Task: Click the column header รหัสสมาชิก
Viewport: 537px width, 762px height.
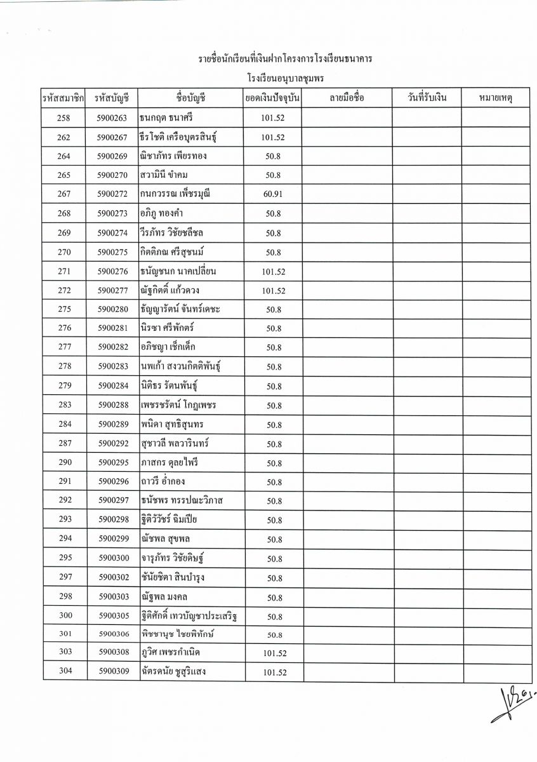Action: (x=63, y=98)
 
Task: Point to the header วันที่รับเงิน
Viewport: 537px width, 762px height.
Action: (x=426, y=98)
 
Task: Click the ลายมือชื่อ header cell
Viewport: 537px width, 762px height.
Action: (x=347, y=98)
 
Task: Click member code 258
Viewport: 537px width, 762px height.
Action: (x=63, y=118)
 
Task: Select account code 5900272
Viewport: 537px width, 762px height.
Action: (x=113, y=194)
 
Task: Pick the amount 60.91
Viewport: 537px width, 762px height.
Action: (x=273, y=194)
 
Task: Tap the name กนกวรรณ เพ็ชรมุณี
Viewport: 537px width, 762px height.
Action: (x=176, y=194)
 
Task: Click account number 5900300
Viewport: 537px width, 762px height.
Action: (x=113, y=559)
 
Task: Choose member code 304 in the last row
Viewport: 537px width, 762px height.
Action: (x=65, y=672)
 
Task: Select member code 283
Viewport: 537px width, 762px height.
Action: (x=65, y=405)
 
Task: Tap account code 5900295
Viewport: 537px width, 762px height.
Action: (x=113, y=462)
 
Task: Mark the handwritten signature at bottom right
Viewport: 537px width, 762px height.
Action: (x=511, y=704)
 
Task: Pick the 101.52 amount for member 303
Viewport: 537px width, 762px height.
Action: (x=274, y=653)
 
